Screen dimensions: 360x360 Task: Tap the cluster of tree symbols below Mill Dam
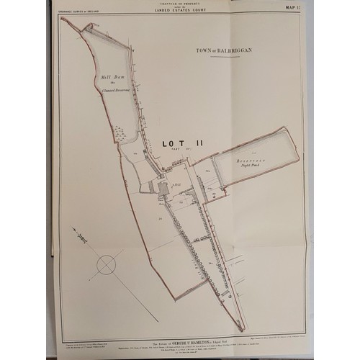pos(120,133)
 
